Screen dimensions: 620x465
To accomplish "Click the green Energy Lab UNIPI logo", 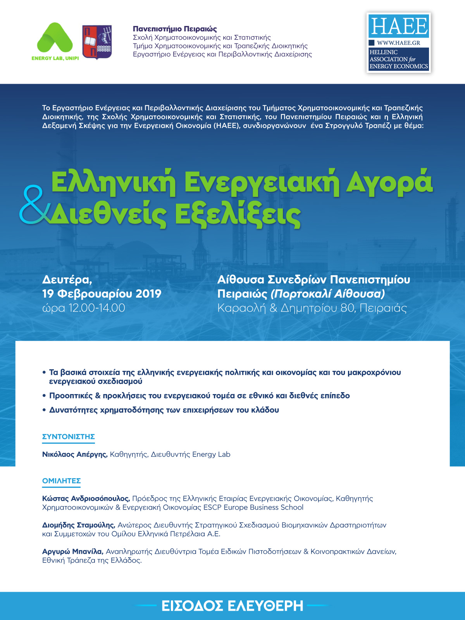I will point(55,41).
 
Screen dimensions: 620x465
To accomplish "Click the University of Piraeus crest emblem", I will point(97,42).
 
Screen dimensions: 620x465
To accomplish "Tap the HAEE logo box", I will point(399,43).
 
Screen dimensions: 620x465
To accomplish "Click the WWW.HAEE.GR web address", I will point(398,43).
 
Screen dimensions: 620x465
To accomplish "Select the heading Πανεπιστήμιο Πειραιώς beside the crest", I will point(175,29).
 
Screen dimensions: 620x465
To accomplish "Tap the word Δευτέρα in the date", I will point(67,279).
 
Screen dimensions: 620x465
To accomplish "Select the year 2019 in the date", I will point(148,294).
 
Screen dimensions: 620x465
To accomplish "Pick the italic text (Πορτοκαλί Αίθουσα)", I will point(328,294).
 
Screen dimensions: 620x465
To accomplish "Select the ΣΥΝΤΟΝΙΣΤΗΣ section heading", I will point(69,437).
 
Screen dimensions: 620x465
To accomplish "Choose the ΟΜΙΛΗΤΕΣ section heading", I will point(62,481).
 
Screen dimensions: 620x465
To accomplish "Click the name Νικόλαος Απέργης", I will point(75,454).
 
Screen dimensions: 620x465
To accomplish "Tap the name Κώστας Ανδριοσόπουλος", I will point(86,498).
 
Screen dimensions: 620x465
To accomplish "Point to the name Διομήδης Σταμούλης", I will point(79,525).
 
